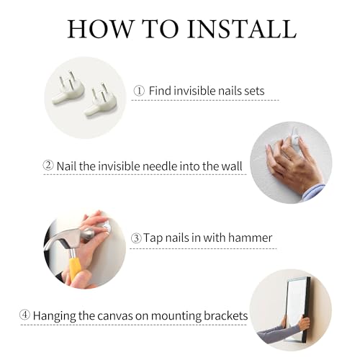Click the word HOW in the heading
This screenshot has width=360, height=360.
[99, 29]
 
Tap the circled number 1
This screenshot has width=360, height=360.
[139, 91]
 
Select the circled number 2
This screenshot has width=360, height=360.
[48, 166]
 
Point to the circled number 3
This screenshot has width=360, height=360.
[136, 238]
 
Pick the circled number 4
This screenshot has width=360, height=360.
[24, 315]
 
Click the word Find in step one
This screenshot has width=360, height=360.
[160, 91]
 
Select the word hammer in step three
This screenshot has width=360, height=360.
[250, 238]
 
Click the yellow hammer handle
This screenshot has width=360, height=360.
[75, 268]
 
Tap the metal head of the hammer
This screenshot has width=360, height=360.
[69, 239]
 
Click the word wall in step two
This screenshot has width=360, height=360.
[232, 166]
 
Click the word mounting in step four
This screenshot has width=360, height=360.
[176, 316]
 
